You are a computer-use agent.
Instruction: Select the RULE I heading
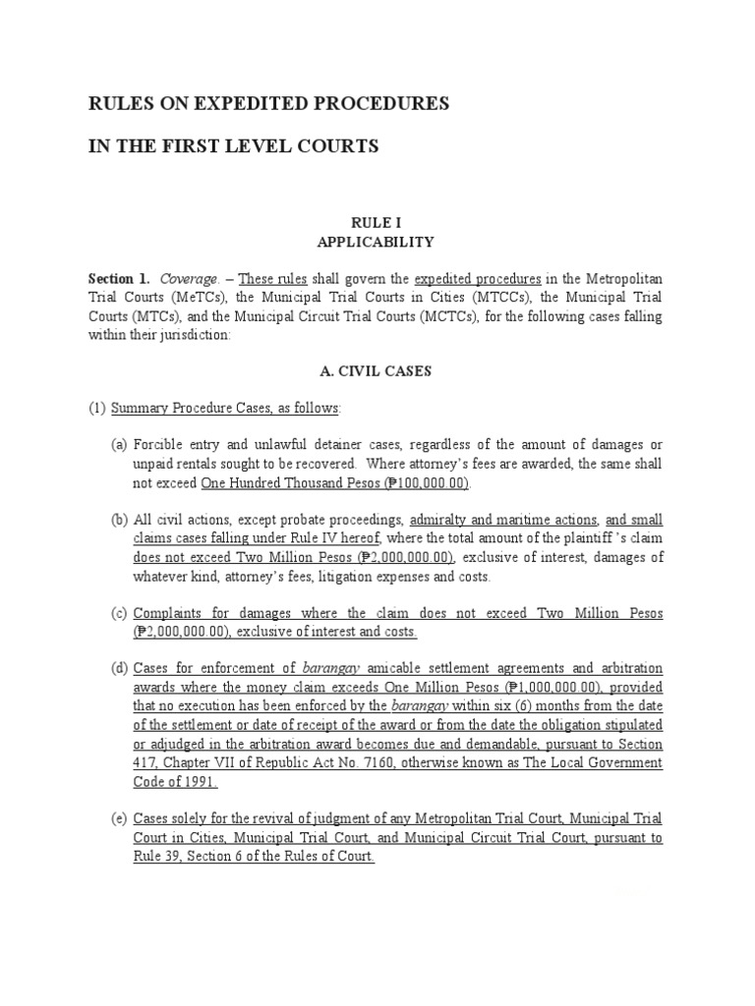[x=377, y=223]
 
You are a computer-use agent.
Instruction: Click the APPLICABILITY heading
[x=377, y=241]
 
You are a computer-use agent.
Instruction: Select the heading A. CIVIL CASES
[x=377, y=371]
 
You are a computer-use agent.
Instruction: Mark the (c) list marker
[x=119, y=613]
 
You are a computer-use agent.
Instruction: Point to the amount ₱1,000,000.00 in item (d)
[x=554, y=687]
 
